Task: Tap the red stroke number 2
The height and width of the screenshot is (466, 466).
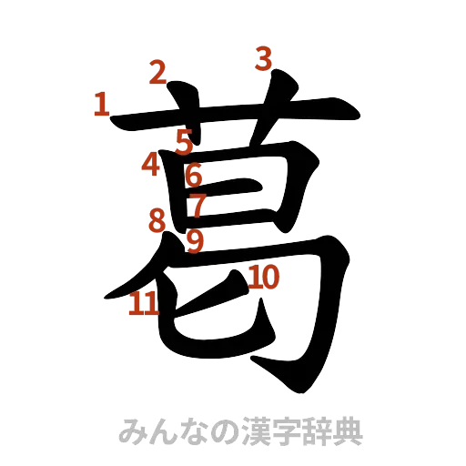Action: click(x=159, y=72)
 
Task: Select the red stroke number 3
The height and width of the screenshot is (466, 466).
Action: click(x=263, y=59)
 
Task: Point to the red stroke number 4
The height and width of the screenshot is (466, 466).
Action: click(x=150, y=166)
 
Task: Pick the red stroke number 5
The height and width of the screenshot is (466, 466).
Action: click(x=185, y=142)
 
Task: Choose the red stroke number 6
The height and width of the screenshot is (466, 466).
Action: click(x=193, y=173)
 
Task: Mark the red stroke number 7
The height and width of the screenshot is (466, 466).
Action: click(x=197, y=206)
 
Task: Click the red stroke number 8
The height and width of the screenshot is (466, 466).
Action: click(x=157, y=219)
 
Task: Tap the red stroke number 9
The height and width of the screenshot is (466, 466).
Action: click(x=194, y=241)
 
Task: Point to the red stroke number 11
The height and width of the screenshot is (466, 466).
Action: click(x=144, y=304)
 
